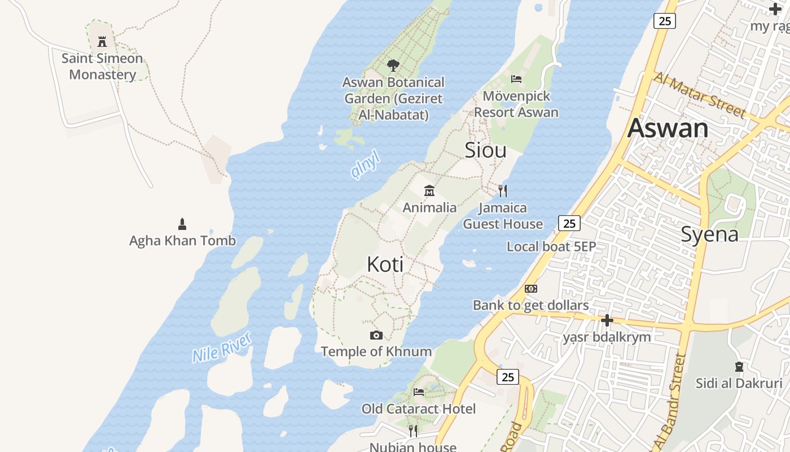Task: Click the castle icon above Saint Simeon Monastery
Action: point(102,41)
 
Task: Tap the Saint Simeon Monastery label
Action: point(102,67)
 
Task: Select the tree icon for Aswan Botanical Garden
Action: point(393,66)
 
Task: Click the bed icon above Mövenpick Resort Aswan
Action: point(516,79)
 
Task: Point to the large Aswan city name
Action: point(668,128)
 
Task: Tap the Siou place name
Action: point(485,150)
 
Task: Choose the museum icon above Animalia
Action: point(429,190)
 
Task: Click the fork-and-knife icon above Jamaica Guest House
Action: point(503,191)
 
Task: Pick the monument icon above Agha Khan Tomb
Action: point(182,224)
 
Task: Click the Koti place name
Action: point(385,264)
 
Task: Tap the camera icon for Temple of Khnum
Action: point(376,335)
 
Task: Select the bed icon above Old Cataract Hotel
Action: point(418,392)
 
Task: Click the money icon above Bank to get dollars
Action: point(530,289)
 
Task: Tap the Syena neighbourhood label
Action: point(709,234)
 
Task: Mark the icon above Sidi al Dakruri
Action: point(739,367)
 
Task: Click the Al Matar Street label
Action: point(699,94)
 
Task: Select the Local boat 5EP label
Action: point(551,247)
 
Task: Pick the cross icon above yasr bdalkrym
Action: point(607,320)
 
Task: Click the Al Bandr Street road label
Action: point(669,401)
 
